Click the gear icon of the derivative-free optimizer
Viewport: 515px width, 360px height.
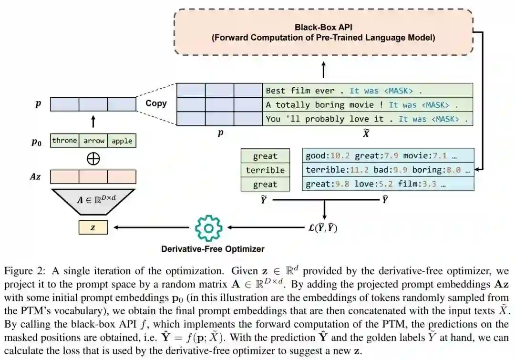[x=208, y=228]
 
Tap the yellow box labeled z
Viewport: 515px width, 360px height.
[x=93, y=228]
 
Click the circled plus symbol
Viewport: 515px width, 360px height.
[x=93, y=159]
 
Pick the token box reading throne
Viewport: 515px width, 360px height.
[x=64, y=141]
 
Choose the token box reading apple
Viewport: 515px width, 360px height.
[x=122, y=141]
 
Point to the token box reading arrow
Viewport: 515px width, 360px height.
[x=93, y=141]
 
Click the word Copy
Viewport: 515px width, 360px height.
[x=156, y=103]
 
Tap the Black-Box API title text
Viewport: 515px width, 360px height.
[x=323, y=27]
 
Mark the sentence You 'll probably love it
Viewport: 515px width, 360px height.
[x=367, y=119]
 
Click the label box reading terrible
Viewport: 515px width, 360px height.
[x=265, y=170]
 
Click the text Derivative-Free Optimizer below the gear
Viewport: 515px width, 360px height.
[x=213, y=248]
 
